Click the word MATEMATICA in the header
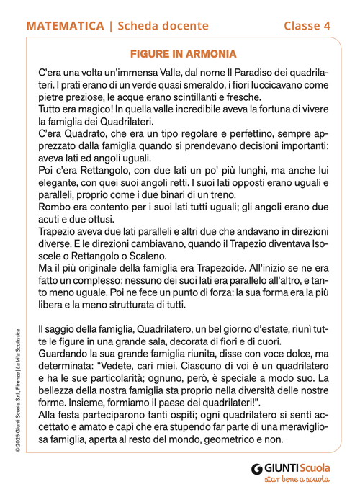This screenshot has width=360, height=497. (64, 26)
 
